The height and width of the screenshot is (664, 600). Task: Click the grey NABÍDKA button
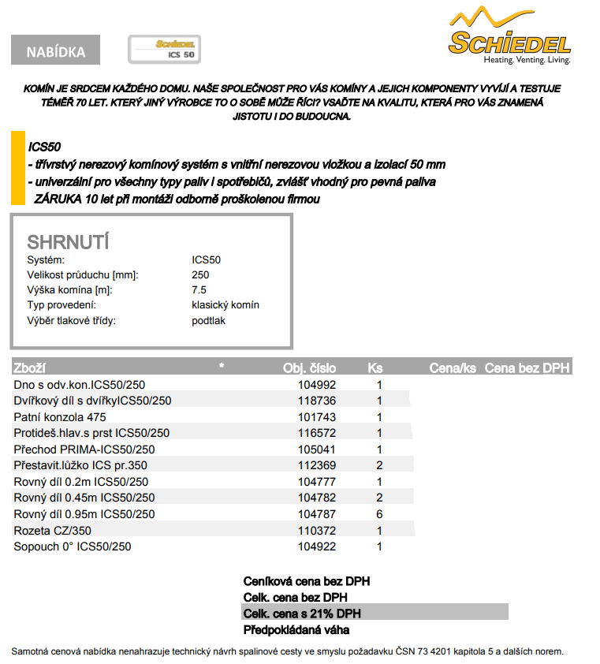click(x=55, y=51)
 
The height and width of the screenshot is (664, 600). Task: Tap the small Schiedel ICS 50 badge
click(x=164, y=49)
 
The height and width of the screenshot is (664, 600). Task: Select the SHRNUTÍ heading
click(x=68, y=241)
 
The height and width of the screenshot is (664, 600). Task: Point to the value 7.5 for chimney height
click(x=199, y=290)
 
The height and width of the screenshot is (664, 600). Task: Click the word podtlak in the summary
click(x=208, y=320)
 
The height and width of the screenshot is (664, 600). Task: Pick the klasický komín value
click(x=225, y=305)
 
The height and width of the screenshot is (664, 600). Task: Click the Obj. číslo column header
click(x=309, y=368)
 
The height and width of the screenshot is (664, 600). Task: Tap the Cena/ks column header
click(x=453, y=368)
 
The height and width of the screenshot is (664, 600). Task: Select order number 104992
click(x=317, y=385)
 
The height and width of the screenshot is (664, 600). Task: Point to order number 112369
click(x=317, y=465)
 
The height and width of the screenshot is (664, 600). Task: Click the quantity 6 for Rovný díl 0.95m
click(x=379, y=513)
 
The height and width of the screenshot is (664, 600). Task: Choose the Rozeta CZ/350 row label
click(x=52, y=530)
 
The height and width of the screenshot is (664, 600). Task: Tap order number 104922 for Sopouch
click(x=317, y=546)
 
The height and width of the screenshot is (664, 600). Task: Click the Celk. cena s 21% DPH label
click(x=302, y=613)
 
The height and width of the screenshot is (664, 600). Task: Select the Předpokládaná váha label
click(x=296, y=629)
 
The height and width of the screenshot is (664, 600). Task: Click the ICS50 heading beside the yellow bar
click(x=45, y=147)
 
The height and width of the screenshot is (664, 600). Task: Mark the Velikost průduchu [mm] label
click(x=83, y=275)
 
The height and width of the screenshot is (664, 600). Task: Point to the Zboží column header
click(x=30, y=368)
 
